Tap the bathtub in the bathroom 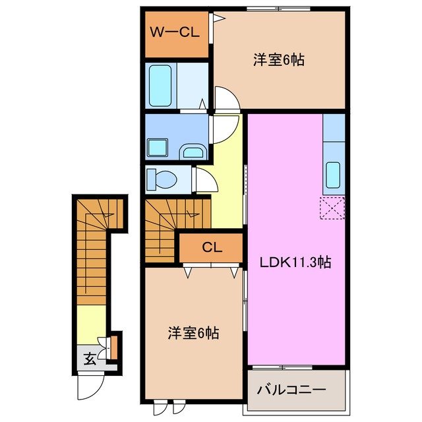160,84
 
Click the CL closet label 212,248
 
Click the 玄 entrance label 88,359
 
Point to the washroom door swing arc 224,127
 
